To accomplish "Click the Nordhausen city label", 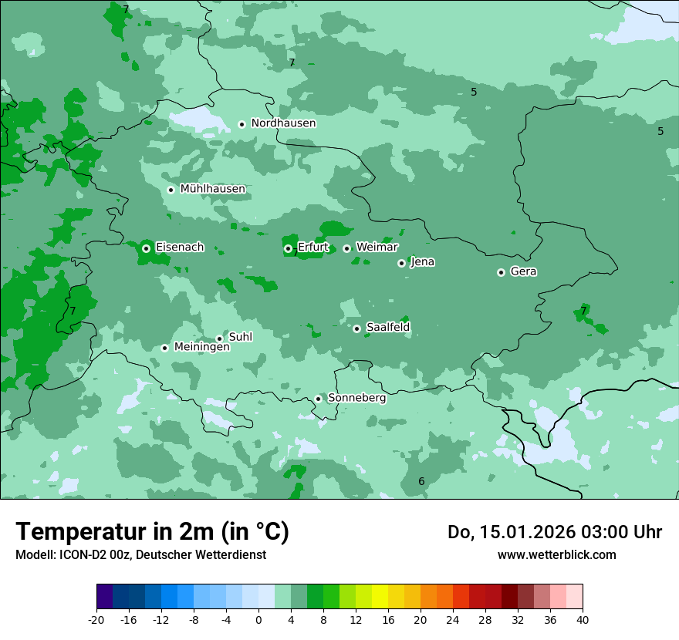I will [x=283, y=123].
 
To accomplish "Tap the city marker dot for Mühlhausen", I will [x=171, y=190].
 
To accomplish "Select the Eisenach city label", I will [x=180, y=248].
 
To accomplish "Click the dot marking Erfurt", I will [x=288, y=248].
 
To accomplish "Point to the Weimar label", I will [x=377, y=248].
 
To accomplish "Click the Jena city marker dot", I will [x=401, y=263].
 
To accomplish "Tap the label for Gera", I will [x=523, y=271].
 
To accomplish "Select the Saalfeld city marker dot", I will [x=356, y=328].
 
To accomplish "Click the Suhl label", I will [x=240, y=337].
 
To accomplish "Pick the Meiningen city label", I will [x=201, y=347].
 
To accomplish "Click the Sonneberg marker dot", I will [x=318, y=399].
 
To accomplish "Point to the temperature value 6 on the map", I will [x=421, y=481].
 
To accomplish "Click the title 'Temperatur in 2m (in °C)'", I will [x=152, y=532].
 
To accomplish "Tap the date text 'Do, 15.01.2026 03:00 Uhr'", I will [x=554, y=532].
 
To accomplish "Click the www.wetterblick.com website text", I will [x=556, y=554].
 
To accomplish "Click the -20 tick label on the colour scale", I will [x=96, y=619].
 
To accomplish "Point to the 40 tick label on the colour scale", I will [x=583, y=619].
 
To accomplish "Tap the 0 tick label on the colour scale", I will [x=258, y=619].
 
